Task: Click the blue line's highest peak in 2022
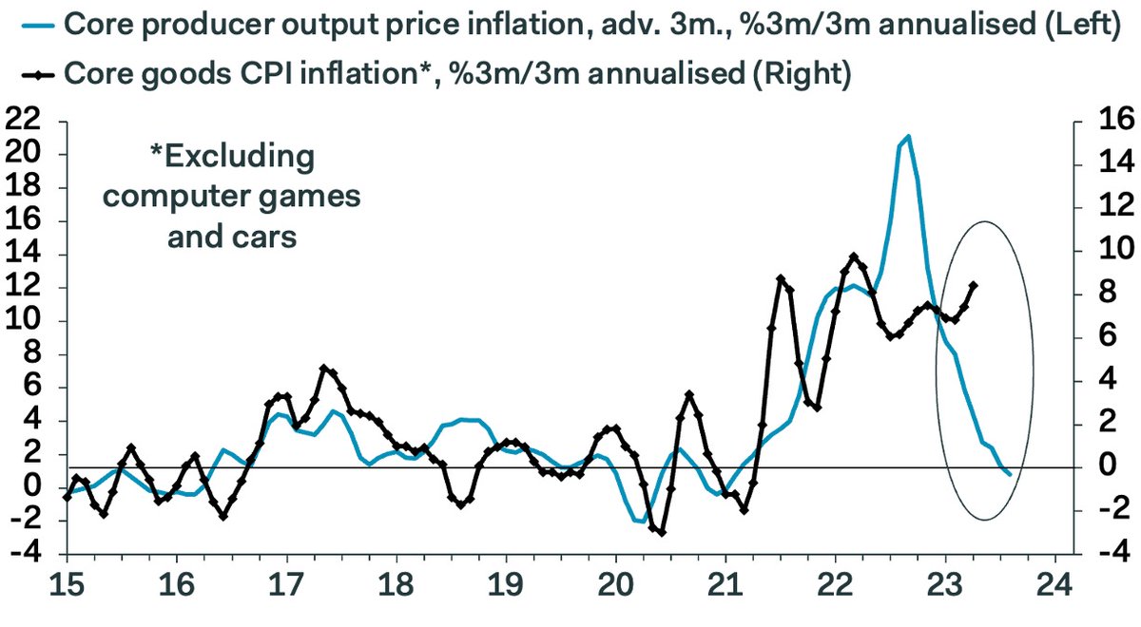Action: (908, 136)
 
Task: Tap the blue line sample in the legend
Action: (32, 23)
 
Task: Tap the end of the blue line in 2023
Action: (1010, 475)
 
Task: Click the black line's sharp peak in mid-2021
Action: (781, 278)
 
